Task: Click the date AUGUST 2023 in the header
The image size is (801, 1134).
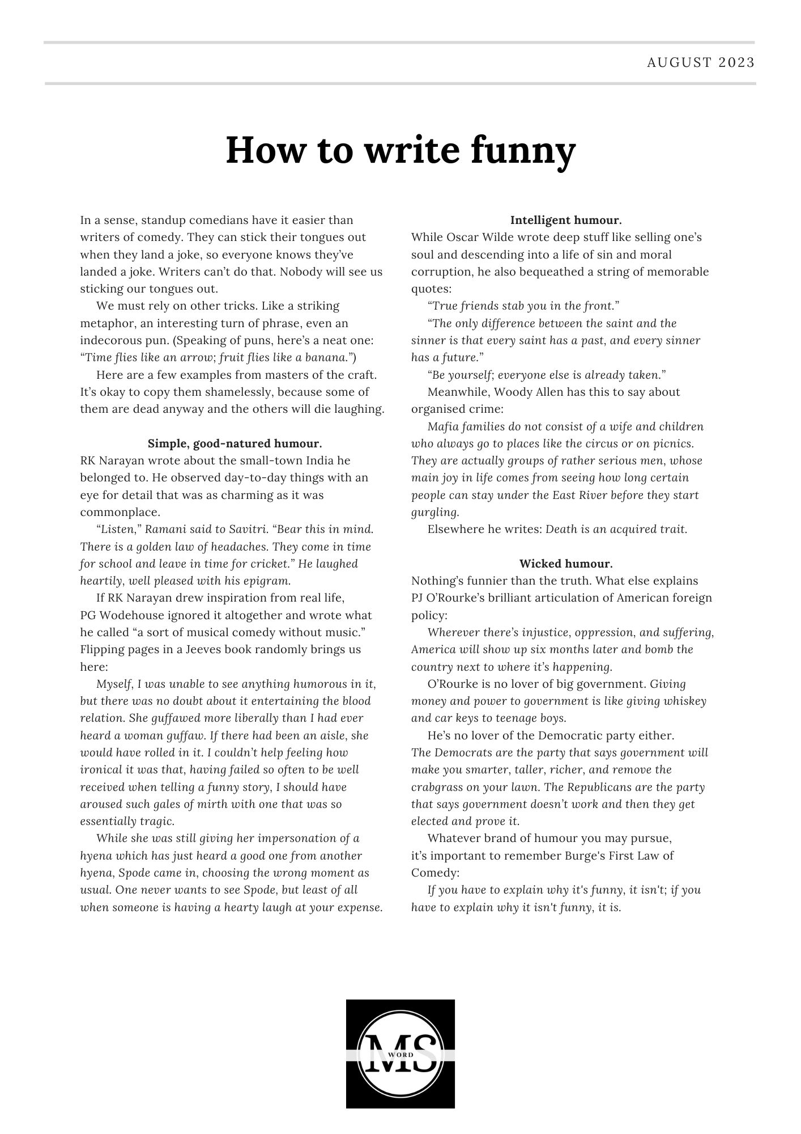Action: pyautogui.click(x=701, y=62)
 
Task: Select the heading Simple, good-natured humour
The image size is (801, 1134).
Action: pyautogui.click(x=235, y=443)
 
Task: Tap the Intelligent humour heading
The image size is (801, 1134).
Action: pyautogui.click(x=565, y=220)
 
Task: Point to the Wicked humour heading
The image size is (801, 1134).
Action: pyautogui.click(x=565, y=564)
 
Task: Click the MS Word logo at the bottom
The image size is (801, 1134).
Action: pyautogui.click(x=400, y=1053)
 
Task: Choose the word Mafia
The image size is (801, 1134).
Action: pyautogui.click(x=444, y=426)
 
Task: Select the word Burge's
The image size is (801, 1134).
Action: pyautogui.click(x=587, y=856)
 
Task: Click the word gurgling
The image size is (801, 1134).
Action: pyautogui.click(x=434, y=513)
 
